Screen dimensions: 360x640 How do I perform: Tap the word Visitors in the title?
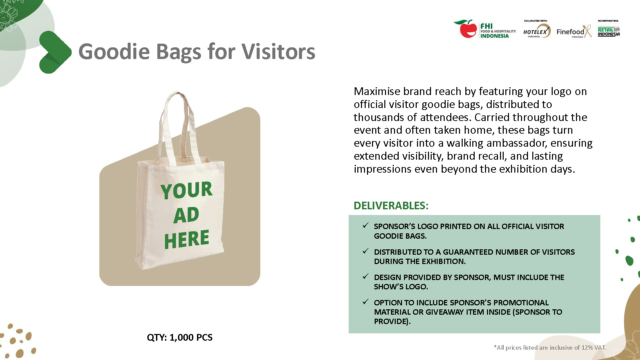pos(278,52)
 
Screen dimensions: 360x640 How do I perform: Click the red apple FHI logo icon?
pos(466,29)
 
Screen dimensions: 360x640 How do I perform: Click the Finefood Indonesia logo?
pos(574,32)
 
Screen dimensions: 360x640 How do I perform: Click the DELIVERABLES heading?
pos(391,206)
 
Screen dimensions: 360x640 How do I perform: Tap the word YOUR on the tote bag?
pos(186,190)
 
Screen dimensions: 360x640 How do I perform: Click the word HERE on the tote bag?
pos(186,239)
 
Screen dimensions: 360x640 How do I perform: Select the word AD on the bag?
pos(186,215)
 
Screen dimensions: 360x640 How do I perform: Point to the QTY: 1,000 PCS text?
pos(179,337)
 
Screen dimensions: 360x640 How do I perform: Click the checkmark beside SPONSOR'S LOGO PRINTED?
pos(365,226)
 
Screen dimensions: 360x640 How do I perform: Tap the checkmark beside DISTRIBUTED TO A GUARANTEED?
pos(365,251)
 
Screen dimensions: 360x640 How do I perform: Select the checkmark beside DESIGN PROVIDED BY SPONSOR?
pos(365,277)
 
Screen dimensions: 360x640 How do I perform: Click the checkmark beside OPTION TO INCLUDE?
pos(365,302)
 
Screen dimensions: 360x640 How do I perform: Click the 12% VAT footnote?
pos(550,348)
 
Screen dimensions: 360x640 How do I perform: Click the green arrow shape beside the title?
pos(54,52)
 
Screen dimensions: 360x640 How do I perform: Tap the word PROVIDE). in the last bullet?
pos(392,321)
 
